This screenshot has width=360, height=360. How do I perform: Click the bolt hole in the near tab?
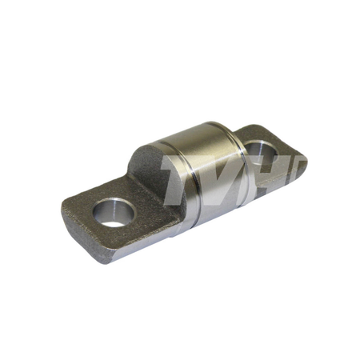click(114, 213)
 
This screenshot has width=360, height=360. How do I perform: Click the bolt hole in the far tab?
click(260, 153)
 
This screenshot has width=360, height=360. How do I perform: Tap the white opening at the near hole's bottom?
click(114, 224)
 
